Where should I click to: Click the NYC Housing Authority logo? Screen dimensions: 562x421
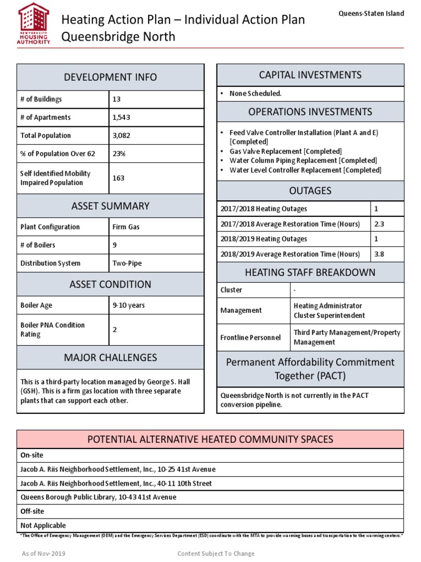click(33, 24)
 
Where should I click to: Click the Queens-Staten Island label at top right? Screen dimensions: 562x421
click(371, 14)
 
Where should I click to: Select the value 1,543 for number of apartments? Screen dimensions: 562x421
click(121, 117)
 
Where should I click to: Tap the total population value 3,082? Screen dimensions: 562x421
click(121, 136)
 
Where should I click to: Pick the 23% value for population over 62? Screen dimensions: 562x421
click(119, 154)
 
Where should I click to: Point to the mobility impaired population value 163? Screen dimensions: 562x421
click(118, 178)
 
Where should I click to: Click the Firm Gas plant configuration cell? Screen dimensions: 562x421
click(126, 227)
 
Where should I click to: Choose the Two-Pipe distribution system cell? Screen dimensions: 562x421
click(127, 263)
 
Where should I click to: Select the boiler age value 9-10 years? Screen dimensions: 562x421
click(129, 305)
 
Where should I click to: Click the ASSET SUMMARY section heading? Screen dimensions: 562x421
click(110, 206)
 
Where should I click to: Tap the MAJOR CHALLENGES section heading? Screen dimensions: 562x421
click(110, 358)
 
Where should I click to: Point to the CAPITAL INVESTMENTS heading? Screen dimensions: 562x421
click(310, 75)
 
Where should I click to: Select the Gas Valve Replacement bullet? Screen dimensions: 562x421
click(285, 151)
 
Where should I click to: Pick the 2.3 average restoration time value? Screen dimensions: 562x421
click(379, 224)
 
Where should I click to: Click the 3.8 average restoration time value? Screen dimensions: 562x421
click(379, 254)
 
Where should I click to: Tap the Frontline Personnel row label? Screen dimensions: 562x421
click(243, 338)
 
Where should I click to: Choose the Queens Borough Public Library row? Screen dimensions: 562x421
click(98, 497)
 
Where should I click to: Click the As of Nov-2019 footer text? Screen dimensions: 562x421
click(43, 554)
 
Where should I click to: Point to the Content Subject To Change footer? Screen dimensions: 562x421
click(216, 554)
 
